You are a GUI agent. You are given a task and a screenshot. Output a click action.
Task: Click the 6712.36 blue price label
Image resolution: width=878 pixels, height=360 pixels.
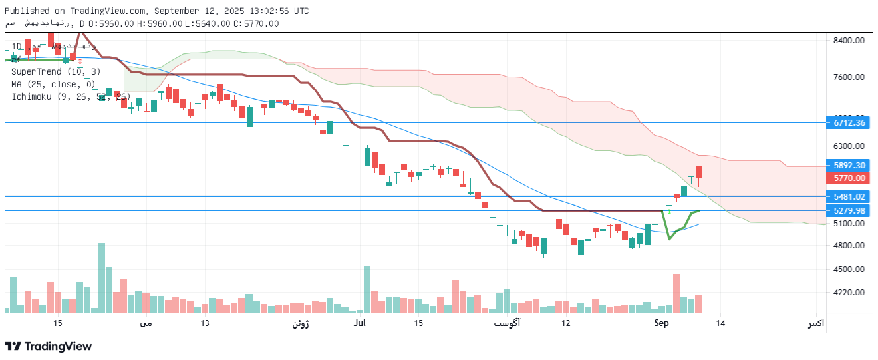[849, 122]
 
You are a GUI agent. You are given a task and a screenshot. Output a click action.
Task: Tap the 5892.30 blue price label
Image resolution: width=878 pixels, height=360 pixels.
[849, 165]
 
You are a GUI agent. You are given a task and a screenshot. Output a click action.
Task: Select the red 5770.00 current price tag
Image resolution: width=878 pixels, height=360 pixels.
[849, 178]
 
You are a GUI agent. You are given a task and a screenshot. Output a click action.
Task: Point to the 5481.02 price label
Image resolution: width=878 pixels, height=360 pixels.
[849, 196]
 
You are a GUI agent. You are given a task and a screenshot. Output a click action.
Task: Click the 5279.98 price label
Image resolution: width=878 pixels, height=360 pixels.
[849, 210]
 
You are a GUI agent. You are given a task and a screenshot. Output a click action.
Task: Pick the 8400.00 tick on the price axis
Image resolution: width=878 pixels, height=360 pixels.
[849, 40]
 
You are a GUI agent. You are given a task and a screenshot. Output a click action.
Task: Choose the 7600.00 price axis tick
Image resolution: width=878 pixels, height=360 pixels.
[849, 77]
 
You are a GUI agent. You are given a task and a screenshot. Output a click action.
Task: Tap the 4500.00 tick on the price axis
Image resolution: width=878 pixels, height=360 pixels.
[849, 269]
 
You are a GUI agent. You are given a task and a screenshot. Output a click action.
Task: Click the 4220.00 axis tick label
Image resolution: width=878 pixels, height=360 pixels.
[849, 292]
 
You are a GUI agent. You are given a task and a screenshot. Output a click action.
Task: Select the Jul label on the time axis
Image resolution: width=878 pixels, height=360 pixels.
[360, 323]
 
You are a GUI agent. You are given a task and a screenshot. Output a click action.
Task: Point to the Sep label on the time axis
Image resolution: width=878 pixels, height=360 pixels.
[661, 323]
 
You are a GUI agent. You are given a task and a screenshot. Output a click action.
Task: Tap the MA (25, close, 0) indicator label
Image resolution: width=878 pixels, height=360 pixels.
[53, 84]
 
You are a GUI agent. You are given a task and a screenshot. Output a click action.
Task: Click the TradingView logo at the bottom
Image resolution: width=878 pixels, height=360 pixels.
[48, 346]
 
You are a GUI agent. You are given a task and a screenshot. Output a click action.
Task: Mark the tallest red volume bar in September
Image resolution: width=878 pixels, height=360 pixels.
[676, 293]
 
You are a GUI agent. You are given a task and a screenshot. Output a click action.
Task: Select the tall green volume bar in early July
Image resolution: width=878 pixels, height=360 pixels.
[366, 289]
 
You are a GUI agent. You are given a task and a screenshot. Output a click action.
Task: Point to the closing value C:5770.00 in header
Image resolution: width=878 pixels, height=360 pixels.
[254, 23]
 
